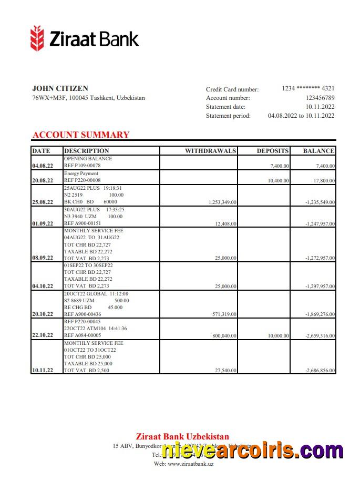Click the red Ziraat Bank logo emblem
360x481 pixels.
point(37,38)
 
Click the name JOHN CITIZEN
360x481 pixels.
point(60,88)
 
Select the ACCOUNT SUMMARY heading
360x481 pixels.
point(80,135)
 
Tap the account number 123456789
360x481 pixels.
point(320,98)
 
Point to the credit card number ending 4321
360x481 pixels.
point(308,88)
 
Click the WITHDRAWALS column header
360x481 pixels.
point(210,151)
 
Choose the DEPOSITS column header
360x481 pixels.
point(272,151)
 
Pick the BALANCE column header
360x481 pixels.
point(318,151)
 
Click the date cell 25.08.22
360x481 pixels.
point(43,202)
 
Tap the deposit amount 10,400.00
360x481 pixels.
point(278,180)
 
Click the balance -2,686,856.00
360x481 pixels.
point(320,371)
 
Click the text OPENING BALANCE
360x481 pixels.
point(88,158)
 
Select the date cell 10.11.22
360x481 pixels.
point(43,371)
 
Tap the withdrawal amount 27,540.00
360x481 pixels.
point(226,371)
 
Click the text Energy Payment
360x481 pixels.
point(81,173)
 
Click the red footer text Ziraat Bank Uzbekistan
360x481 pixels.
point(182,436)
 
